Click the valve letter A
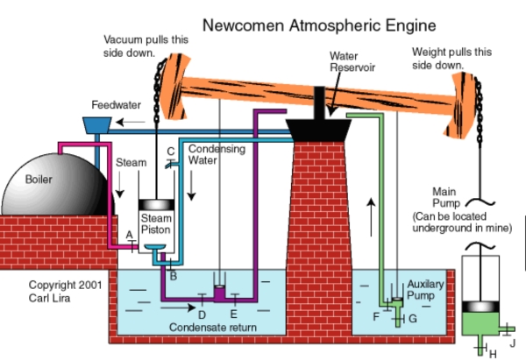coord(129,235)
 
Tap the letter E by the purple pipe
coord(233,313)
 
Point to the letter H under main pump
coord(492,352)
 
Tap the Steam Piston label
coord(156,224)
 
